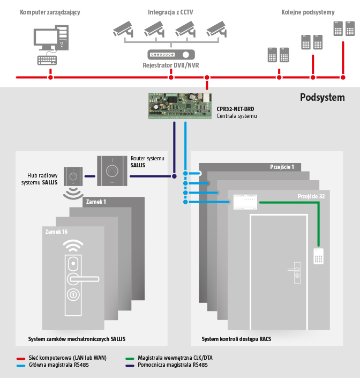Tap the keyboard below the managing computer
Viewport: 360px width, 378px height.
tap(48, 60)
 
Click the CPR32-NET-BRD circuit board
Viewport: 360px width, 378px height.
tap(179, 106)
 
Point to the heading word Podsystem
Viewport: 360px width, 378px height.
tap(322, 98)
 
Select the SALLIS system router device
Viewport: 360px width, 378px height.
tap(112, 171)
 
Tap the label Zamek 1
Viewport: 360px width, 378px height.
tap(95, 202)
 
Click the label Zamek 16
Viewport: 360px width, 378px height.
tap(57, 232)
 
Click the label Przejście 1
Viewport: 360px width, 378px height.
tap(282, 167)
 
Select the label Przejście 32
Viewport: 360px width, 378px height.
tap(311, 196)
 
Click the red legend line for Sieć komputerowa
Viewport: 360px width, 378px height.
tap(21, 358)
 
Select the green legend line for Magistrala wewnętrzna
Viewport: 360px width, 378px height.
tap(129, 358)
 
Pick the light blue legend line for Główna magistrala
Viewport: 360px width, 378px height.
tap(21, 365)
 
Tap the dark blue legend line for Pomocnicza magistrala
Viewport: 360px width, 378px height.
tap(129, 365)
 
